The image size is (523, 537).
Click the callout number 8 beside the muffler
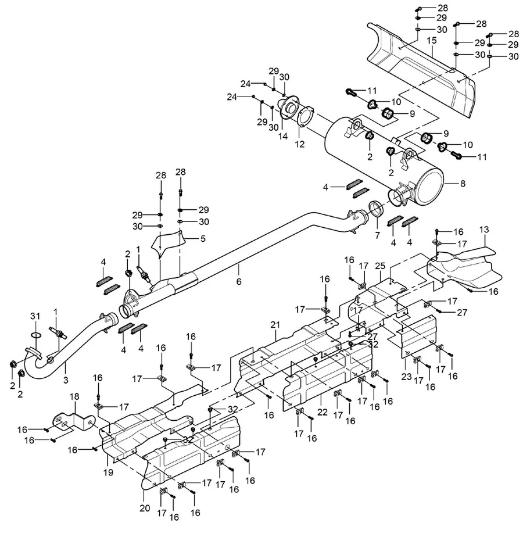pyautogui.click(x=463, y=184)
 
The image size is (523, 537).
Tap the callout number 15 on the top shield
pyautogui.click(x=431, y=41)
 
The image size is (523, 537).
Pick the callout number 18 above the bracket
pyautogui.click(x=74, y=396)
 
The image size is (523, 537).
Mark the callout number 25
pyautogui.click(x=380, y=265)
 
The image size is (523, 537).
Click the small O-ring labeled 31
pyautogui.click(x=34, y=335)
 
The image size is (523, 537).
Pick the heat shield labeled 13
pyautogui.click(x=459, y=264)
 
